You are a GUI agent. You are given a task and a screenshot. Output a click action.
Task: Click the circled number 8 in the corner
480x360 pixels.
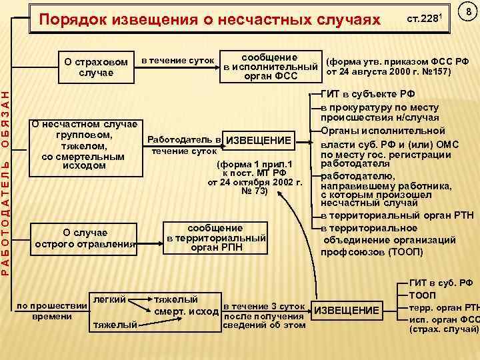(x=469, y=13)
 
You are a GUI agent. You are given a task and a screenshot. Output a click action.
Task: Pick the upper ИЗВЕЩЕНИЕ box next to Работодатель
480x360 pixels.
(x=259, y=140)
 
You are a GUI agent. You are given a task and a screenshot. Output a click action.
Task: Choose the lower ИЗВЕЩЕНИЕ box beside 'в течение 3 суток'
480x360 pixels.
(x=346, y=311)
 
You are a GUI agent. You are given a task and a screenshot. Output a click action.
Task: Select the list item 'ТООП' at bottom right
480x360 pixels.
(x=423, y=295)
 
